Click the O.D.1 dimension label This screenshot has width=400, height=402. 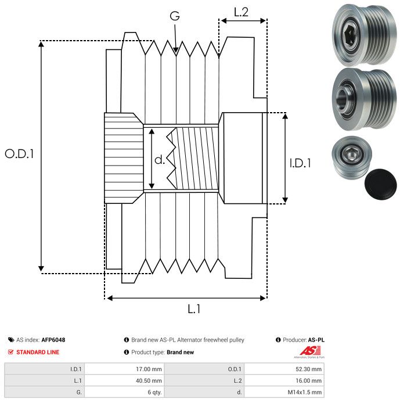point(19,154)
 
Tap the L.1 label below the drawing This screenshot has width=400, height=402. point(194,309)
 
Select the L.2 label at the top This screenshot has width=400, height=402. point(241,12)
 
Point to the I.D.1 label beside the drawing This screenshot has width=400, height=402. point(300,164)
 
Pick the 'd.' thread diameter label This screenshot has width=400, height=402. point(160,159)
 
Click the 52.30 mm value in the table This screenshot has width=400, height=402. point(305,368)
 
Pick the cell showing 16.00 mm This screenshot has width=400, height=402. point(305,380)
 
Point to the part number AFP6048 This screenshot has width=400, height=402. point(53,340)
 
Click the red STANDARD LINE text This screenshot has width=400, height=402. point(38,352)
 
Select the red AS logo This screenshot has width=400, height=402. point(307,351)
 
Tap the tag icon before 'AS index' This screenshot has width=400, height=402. point(11,340)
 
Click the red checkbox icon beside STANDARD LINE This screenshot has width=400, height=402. point(11,352)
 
